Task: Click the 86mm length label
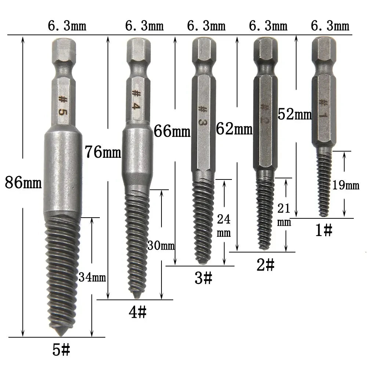[23, 182]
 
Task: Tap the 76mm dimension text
[102, 152]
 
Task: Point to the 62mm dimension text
[234, 129]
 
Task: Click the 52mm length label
[294, 115]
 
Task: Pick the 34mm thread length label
[92, 277]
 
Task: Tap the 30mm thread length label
[161, 246]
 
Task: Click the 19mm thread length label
[345, 185]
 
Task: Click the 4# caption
[137, 313]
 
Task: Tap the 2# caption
[265, 265]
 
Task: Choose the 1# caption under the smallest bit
[323, 231]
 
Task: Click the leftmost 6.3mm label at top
[67, 26]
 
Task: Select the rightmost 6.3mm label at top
[330, 26]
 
